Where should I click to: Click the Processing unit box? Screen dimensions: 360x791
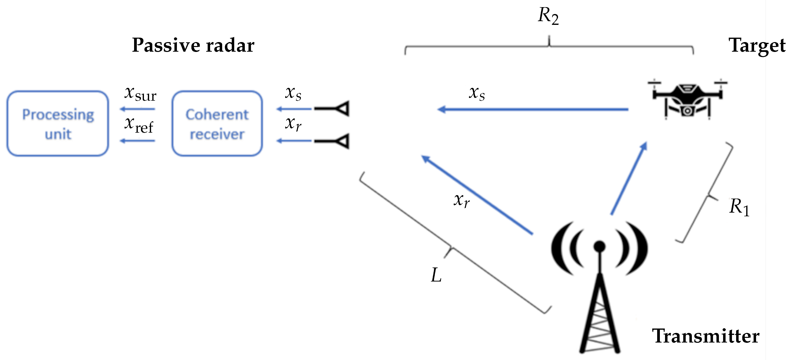point(58,124)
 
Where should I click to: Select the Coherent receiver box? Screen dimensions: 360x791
point(217,124)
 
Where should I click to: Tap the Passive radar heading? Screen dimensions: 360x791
point(193,46)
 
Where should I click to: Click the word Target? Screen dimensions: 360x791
point(757,46)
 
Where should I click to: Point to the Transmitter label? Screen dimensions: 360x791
point(705,336)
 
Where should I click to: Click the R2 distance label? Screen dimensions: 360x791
point(548,15)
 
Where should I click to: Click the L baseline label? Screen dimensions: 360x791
point(436,275)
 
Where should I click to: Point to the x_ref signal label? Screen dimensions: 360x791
point(139,125)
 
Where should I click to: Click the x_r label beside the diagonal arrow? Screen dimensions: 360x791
point(462,201)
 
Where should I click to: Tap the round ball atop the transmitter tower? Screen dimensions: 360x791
point(599,246)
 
